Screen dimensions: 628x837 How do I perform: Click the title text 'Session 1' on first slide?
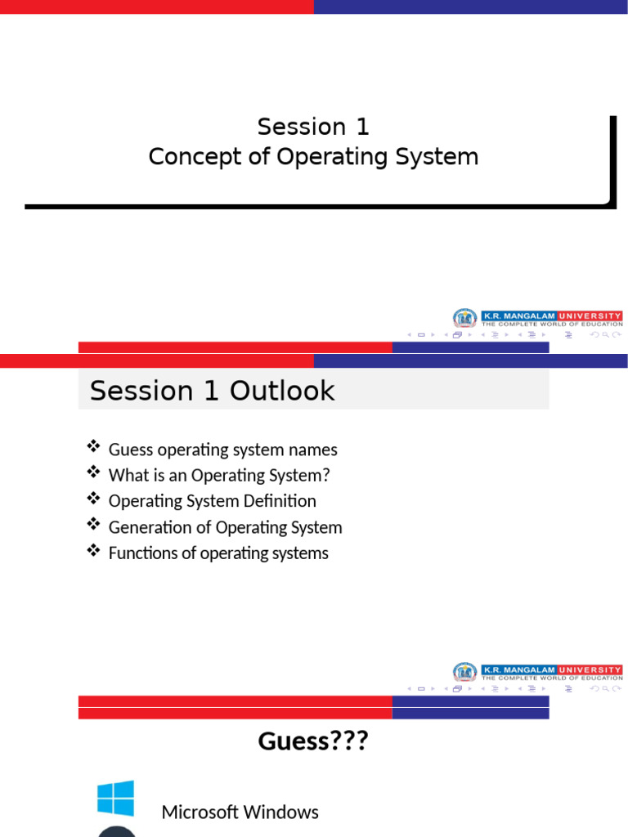click(313, 127)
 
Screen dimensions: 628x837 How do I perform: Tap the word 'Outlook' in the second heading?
click(282, 391)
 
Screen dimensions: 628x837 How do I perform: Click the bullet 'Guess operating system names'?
click(222, 450)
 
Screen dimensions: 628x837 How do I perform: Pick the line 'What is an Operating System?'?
click(219, 475)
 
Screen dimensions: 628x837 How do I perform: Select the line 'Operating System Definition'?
click(212, 501)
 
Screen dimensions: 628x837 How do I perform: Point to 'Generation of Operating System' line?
click(225, 527)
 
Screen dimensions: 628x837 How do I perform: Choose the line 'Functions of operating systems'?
click(218, 553)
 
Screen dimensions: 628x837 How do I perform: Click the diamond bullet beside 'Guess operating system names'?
click(93, 445)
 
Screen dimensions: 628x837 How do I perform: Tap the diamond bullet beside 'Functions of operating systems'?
click(93, 550)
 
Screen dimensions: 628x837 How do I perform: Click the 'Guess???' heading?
click(313, 741)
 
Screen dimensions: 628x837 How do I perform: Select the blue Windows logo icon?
click(115, 798)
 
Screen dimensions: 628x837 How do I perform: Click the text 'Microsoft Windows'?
click(240, 812)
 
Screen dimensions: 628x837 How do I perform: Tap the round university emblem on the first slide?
click(464, 318)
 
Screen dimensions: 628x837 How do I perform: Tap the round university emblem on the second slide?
click(464, 672)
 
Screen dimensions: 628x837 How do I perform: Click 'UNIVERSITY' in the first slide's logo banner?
click(590, 316)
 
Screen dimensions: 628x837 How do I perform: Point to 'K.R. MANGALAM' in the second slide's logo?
click(519, 670)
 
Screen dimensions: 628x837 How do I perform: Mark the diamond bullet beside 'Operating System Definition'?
click(93, 498)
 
